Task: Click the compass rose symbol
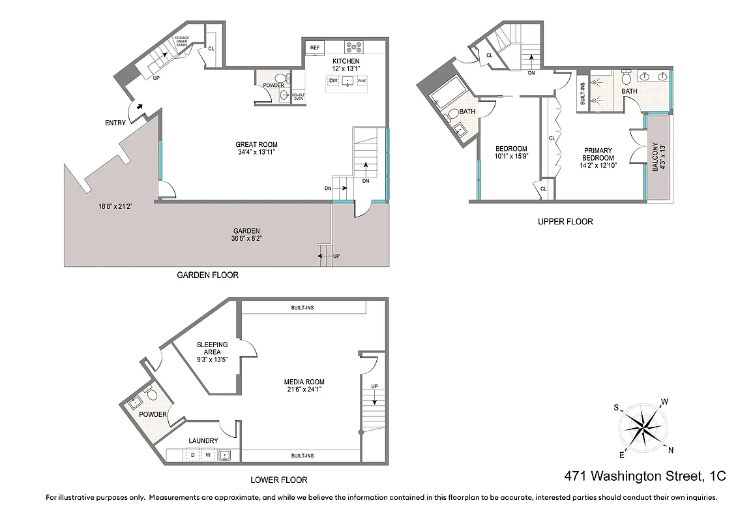pyautogui.click(x=643, y=428)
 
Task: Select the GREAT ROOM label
pyautogui.click(x=256, y=149)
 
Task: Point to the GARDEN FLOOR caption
pyautogui.click(x=207, y=275)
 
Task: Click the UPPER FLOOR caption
pyautogui.click(x=565, y=222)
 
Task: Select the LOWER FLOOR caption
pyautogui.click(x=280, y=480)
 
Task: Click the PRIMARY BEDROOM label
pyautogui.click(x=598, y=157)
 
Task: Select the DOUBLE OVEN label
pyautogui.click(x=298, y=97)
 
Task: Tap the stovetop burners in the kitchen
pyautogui.click(x=354, y=47)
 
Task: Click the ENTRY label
pyautogui.click(x=115, y=123)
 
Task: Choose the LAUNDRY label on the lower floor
pyautogui.click(x=203, y=441)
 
